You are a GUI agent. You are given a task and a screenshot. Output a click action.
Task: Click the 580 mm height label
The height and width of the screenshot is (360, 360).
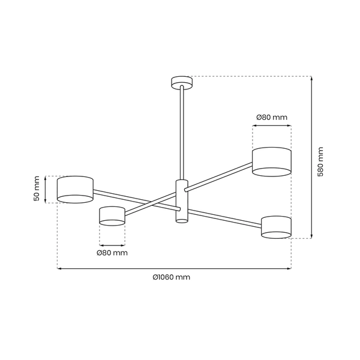[x=320, y=161]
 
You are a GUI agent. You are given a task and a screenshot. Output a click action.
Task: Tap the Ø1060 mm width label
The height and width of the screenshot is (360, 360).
[x=172, y=277]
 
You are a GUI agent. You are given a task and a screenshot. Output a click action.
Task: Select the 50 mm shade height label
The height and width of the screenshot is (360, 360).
[x=37, y=188]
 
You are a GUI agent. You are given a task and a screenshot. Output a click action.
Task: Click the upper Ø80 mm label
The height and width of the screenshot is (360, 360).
[x=271, y=117]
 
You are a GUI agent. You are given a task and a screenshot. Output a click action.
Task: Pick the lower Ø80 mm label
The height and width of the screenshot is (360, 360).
[x=112, y=253]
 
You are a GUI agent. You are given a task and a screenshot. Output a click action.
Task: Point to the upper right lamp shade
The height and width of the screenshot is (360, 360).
[x=271, y=161]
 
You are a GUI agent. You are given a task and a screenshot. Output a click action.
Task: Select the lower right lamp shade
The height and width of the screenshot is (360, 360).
[x=277, y=226]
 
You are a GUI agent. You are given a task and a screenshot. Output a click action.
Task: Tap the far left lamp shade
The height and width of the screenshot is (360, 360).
[x=75, y=189]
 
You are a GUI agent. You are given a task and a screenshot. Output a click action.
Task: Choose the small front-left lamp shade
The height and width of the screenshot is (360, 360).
[x=112, y=216]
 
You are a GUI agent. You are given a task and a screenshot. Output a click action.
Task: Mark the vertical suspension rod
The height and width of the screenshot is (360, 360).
[x=180, y=132]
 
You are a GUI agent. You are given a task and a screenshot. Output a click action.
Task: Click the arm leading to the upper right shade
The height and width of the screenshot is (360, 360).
[x=219, y=179]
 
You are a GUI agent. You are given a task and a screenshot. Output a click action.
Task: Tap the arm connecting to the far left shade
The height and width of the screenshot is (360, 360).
[x=120, y=196]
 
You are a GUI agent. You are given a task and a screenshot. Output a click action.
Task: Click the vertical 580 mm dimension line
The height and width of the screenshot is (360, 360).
[x=311, y=156]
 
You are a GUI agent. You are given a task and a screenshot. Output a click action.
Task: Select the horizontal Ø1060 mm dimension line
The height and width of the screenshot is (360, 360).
[x=174, y=268]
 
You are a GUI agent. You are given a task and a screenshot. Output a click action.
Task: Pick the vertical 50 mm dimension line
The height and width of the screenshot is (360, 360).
[x=46, y=189]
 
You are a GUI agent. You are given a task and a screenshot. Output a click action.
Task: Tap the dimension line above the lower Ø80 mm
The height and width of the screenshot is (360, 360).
[x=112, y=244]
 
